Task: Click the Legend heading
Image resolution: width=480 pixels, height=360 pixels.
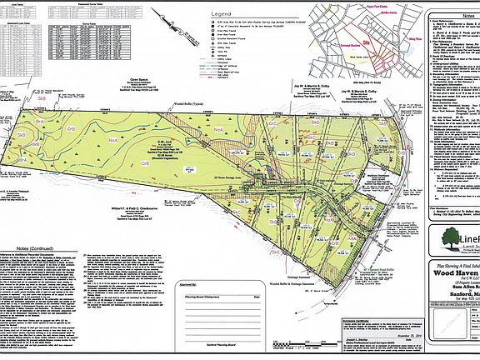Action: tap(221, 14)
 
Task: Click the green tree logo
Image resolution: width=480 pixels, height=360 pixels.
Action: tap(446, 241)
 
